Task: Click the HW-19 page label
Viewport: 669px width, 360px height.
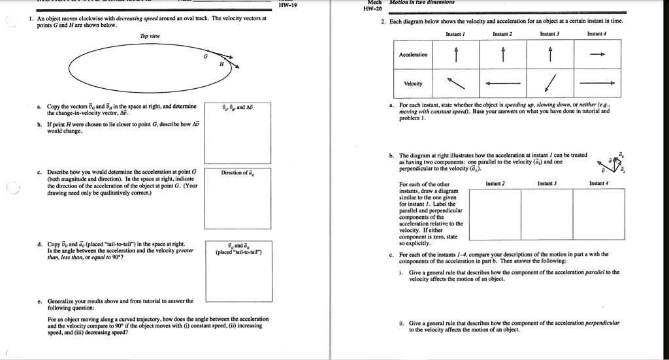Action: (288, 6)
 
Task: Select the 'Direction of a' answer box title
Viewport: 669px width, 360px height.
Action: (240, 172)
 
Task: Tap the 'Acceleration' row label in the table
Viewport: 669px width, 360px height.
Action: (413, 54)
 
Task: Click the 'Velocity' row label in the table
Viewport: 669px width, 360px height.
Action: (413, 84)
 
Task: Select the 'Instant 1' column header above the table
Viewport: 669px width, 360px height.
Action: (455, 33)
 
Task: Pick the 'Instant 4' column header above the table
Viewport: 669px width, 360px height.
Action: (596, 33)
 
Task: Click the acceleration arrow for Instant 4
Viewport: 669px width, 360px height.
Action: (596, 56)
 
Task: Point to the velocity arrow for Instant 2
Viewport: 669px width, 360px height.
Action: (502, 84)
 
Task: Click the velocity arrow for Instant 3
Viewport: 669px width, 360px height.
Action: (549, 84)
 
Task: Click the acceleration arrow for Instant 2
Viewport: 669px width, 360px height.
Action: (502, 55)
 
